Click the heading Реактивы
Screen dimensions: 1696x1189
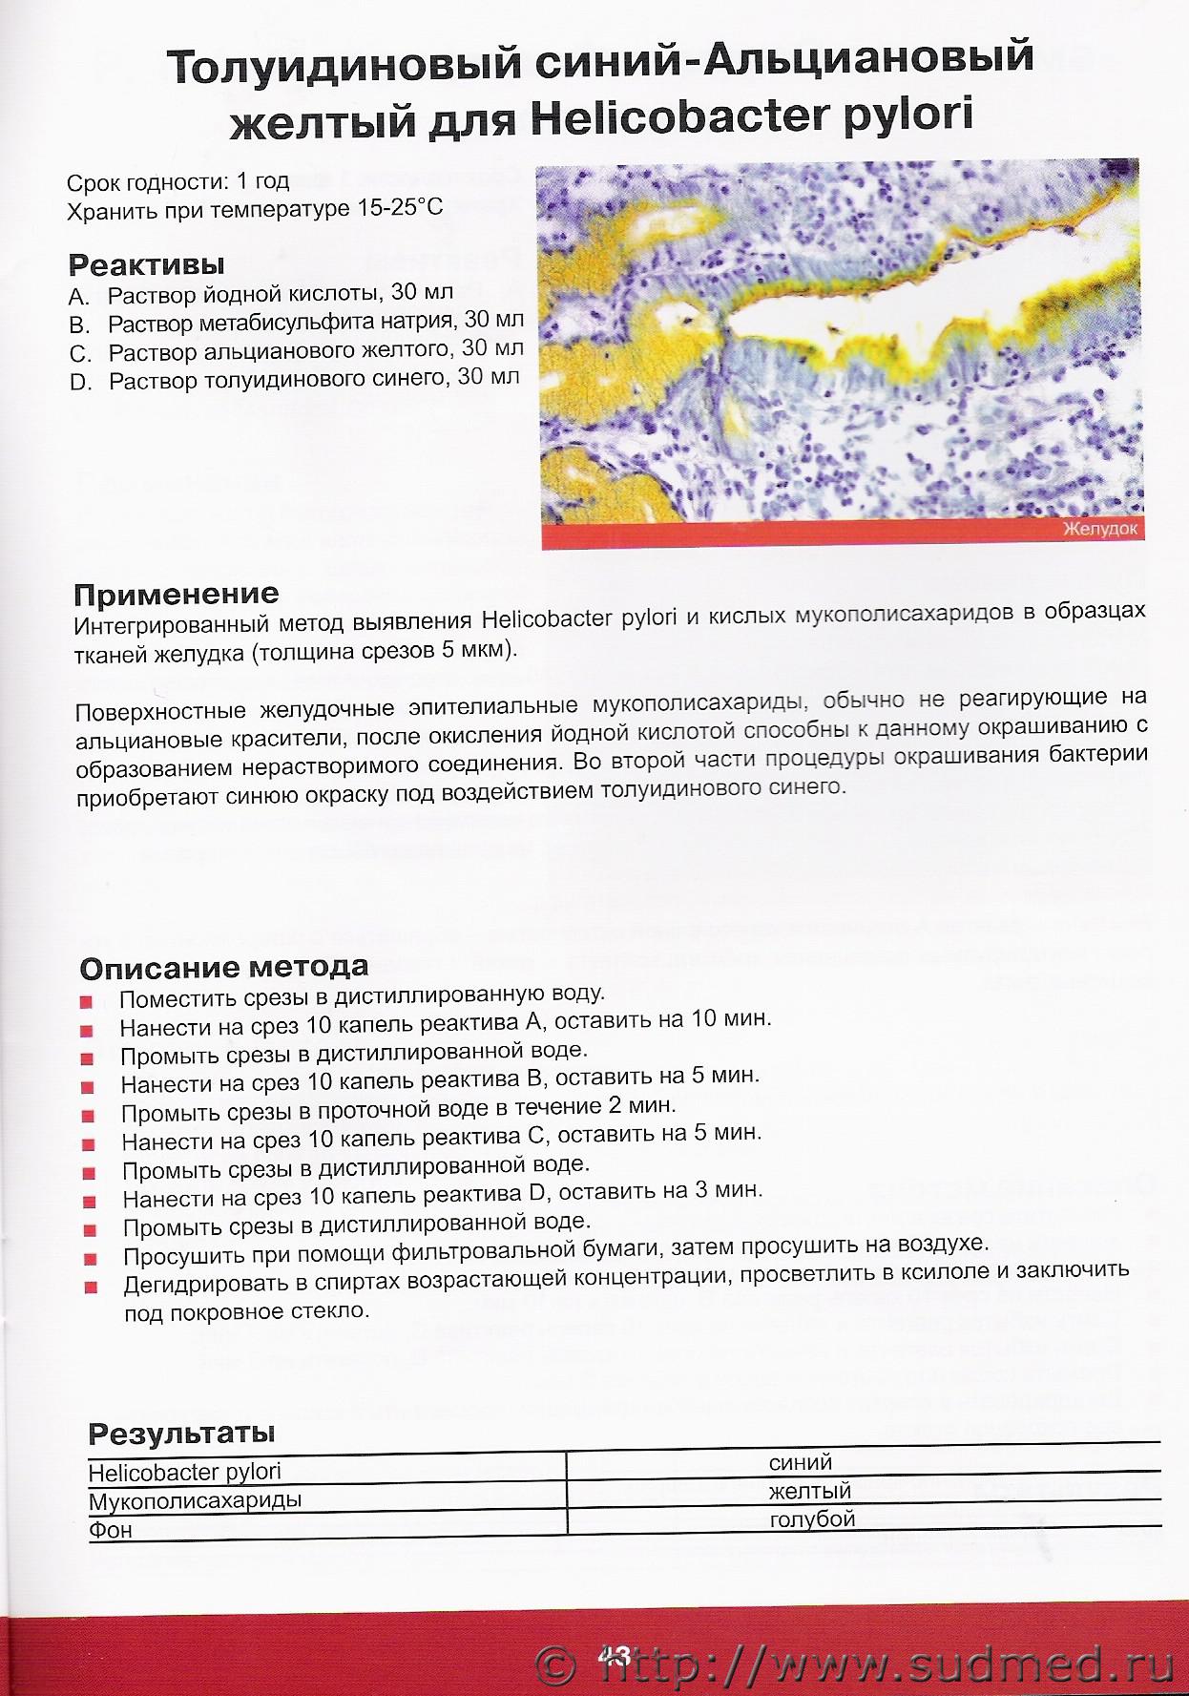click(x=147, y=263)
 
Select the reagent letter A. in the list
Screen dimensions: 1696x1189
click(x=79, y=296)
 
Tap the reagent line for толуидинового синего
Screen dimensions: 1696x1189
click(x=314, y=379)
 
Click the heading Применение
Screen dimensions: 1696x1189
click(x=177, y=595)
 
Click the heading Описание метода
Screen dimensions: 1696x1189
click(x=224, y=968)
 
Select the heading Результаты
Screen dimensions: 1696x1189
click(x=181, y=1433)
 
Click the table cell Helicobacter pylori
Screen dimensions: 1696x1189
click(x=185, y=1472)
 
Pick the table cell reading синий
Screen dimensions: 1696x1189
click(x=801, y=1462)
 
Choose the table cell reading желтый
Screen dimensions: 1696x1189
click(x=810, y=1491)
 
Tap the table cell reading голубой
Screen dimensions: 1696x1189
click(x=812, y=1519)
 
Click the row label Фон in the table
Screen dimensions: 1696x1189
click(x=111, y=1530)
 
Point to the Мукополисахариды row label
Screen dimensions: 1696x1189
click(x=195, y=1500)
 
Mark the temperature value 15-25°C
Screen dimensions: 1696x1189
click(x=392, y=207)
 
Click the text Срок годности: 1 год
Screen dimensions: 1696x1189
click(x=177, y=181)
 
